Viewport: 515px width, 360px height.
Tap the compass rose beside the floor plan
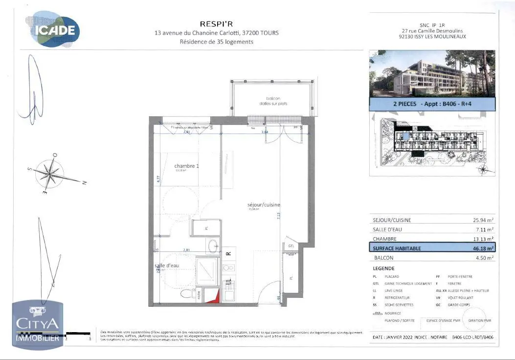(x=51, y=173)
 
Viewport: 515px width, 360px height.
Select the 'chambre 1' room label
(x=186, y=166)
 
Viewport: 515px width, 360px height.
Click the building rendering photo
(x=432, y=73)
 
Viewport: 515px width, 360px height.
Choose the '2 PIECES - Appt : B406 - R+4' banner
(x=432, y=104)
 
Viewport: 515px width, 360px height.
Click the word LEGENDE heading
(x=383, y=268)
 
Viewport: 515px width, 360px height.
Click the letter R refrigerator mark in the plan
(x=228, y=253)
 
